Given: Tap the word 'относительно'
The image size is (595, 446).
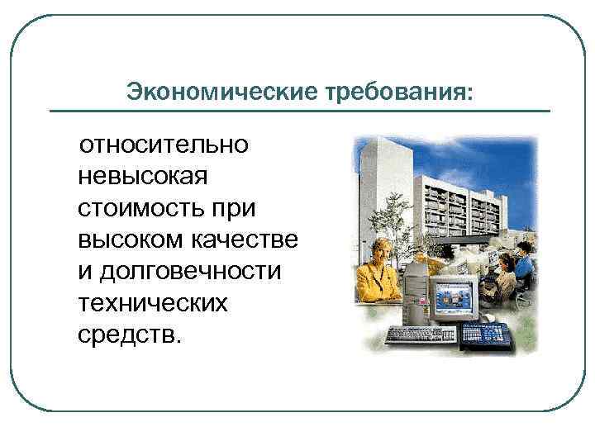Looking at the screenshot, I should click(x=163, y=145).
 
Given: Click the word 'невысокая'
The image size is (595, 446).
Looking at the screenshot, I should click(x=144, y=177).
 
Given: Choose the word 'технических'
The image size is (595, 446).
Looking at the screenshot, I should click(x=151, y=303).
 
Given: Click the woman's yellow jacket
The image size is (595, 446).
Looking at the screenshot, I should click(x=376, y=281).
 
